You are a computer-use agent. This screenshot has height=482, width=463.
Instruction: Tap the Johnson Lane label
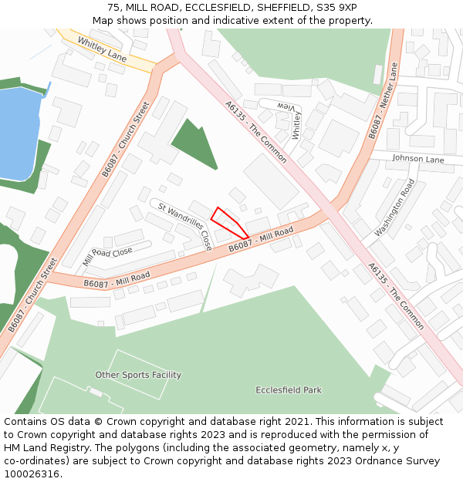click(418, 160)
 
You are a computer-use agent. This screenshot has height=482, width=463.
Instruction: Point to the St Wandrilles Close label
click(185, 225)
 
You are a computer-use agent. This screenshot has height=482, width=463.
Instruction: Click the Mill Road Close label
click(107, 256)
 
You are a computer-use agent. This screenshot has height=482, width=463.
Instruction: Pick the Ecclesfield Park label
click(289, 390)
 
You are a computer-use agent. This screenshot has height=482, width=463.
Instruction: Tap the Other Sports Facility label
click(138, 375)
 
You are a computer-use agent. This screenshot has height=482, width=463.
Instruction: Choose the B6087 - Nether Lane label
click(383, 101)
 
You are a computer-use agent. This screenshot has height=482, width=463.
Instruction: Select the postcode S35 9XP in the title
click(336, 8)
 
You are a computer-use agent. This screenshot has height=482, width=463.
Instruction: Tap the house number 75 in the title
click(114, 8)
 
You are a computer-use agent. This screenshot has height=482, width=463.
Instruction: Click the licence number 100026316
click(32, 474)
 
